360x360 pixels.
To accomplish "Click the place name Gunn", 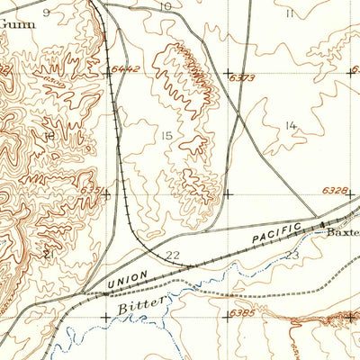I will click(x=18, y=24).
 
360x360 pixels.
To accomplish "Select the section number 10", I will click(x=165, y=6).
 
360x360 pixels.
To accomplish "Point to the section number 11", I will click(x=289, y=13).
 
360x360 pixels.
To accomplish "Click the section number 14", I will click(x=290, y=125).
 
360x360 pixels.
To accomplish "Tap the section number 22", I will click(x=173, y=256).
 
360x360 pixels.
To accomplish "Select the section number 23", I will click(x=292, y=256).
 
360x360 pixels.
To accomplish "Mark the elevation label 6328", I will click(x=334, y=190).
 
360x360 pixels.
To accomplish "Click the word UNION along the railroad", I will click(x=127, y=280).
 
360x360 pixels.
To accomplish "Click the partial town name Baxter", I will click(x=342, y=232).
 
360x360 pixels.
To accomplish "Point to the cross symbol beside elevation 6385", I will click(x=227, y=316).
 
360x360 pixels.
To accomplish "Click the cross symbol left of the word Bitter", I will click(x=107, y=316).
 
